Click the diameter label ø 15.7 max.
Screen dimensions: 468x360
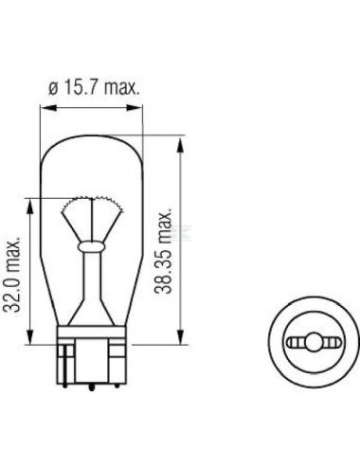click(93, 89)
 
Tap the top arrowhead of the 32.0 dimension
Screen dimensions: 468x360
click(32, 202)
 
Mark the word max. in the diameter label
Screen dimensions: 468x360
click(119, 89)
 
